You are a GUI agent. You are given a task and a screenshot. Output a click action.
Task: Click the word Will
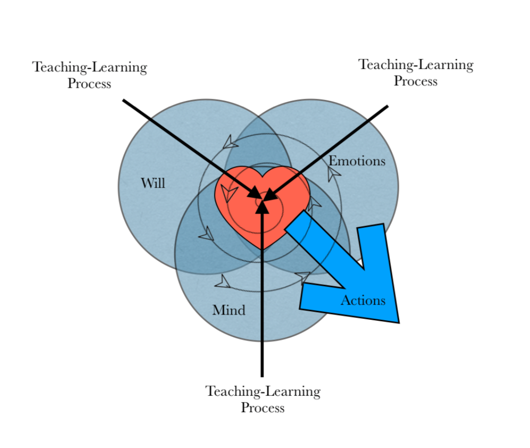(153, 183)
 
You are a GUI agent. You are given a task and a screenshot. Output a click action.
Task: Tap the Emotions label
(357, 161)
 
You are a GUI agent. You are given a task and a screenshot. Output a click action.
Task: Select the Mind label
(229, 310)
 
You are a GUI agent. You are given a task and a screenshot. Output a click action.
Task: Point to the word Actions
(363, 300)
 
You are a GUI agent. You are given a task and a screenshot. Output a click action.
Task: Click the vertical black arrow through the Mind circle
(262, 307)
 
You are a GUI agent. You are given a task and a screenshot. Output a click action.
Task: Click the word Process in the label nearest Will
(89, 84)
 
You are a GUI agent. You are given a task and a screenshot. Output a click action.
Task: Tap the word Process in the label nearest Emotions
(415, 81)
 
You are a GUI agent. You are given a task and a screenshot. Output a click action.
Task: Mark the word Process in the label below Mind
(263, 407)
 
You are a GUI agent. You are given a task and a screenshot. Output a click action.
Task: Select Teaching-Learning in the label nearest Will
(90, 67)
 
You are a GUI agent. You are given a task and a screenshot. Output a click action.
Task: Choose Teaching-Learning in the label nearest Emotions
(416, 65)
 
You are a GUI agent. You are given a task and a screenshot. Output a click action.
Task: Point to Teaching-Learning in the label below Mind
(263, 391)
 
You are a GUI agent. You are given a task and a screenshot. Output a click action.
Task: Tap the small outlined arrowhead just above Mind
(222, 282)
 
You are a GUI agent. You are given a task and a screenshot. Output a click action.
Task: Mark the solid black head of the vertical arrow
(262, 207)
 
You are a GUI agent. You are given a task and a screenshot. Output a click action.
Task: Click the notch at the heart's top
(262, 176)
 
